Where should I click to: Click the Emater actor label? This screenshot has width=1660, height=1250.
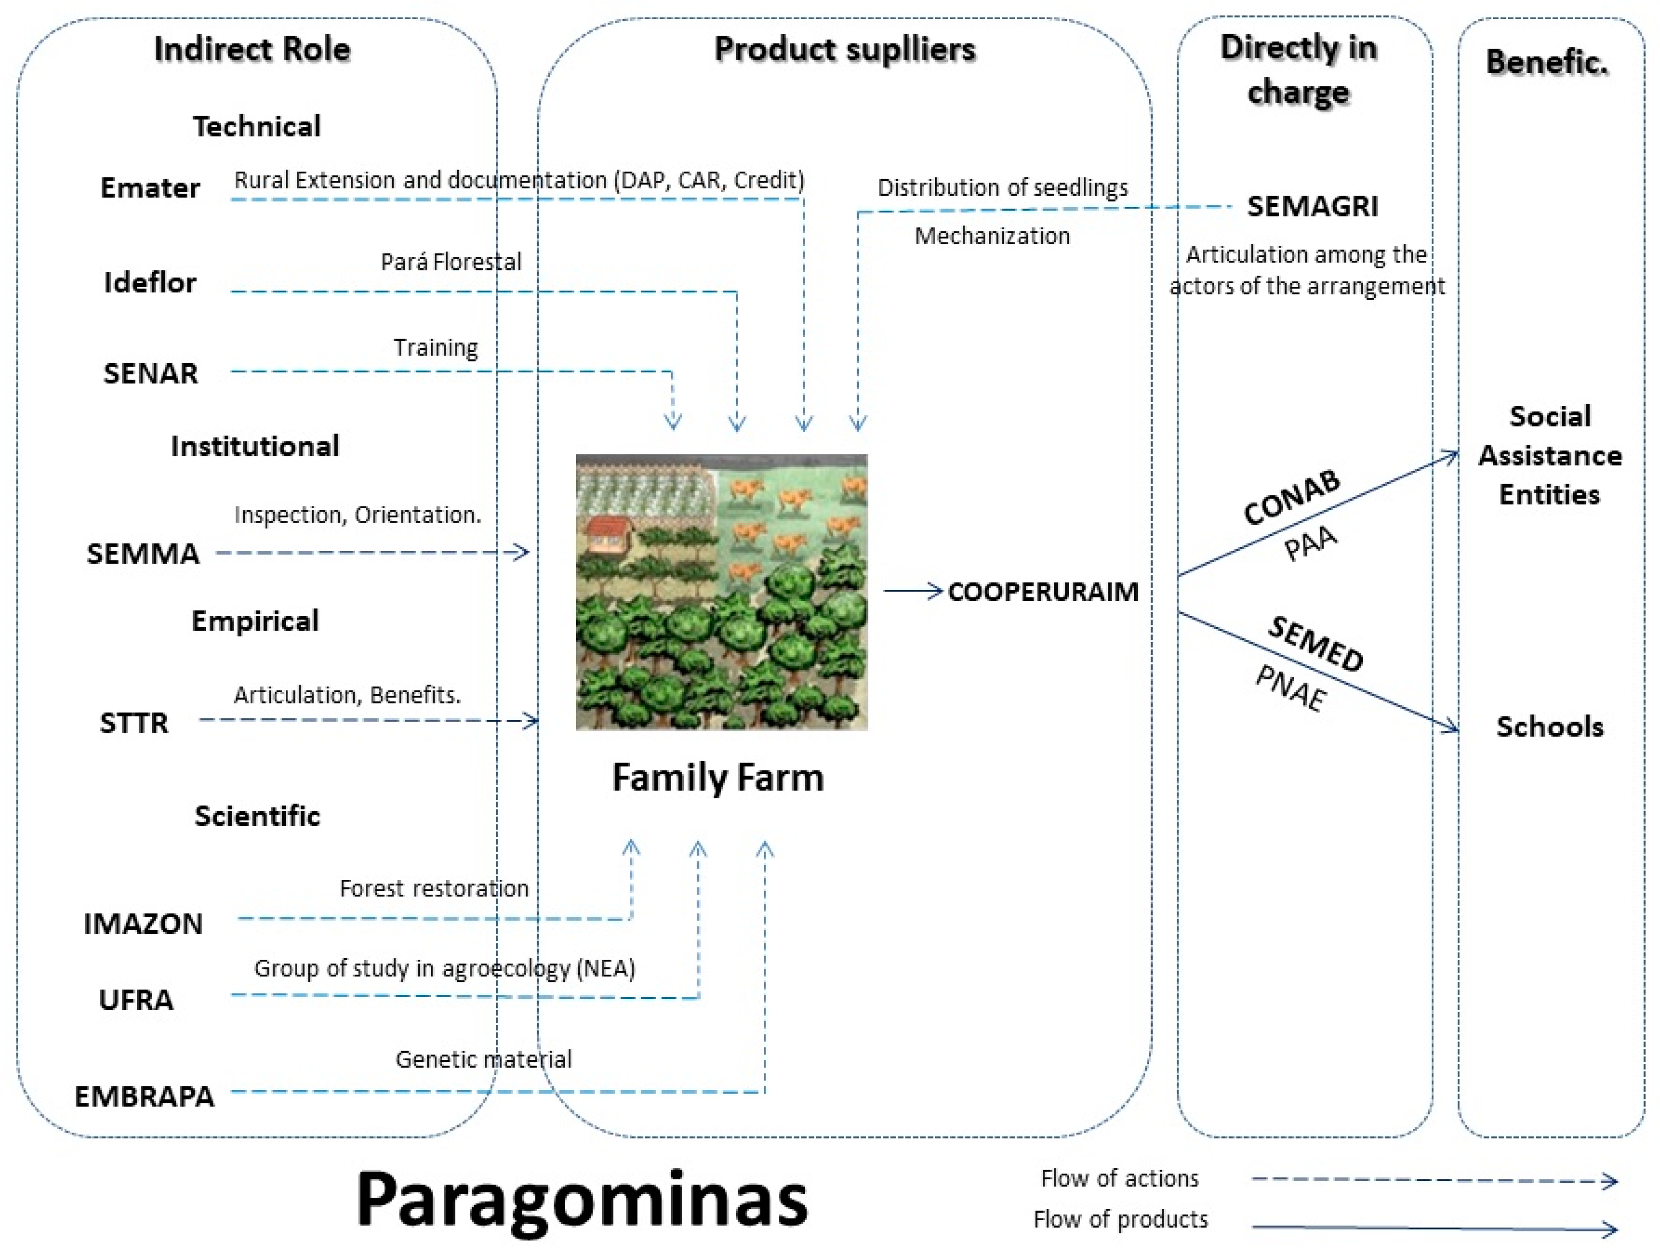(x=150, y=188)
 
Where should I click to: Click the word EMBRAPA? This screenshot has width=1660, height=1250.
(x=144, y=1097)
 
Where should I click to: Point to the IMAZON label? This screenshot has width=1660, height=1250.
(x=142, y=924)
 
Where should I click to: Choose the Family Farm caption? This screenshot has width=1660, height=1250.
(x=718, y=778)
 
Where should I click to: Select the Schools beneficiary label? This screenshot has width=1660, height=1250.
(x=1550, y=726)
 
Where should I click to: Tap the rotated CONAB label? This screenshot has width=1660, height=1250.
(x=1291, y=498)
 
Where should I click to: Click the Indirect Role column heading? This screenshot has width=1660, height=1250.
(x=252, y=50)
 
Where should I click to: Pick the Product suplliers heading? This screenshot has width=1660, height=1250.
(x=844, y=50)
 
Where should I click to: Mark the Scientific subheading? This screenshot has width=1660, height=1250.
(x=257, y=815)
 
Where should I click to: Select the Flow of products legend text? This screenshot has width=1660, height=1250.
(x=1120, y=1219)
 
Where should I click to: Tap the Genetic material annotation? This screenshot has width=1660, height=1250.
(x=483, y=1060)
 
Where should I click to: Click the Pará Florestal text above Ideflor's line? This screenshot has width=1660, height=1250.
(x=451, y=262)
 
